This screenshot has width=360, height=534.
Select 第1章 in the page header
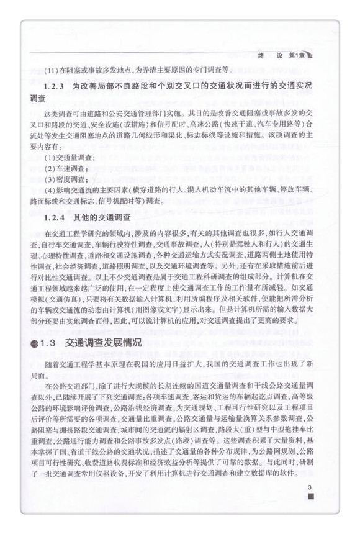point(296,55)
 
